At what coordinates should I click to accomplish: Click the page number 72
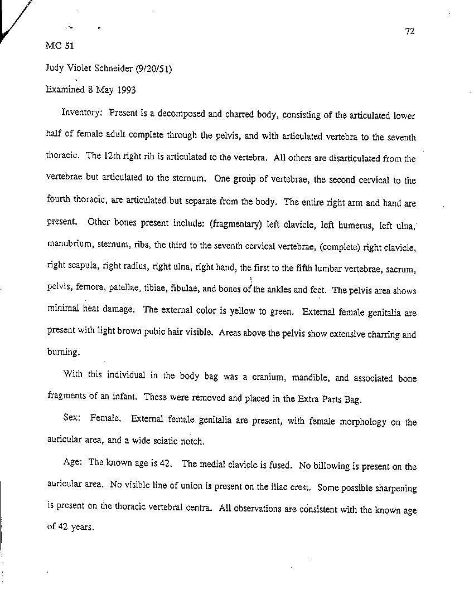410,31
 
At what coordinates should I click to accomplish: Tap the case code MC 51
56,46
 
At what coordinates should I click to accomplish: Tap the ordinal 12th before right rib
114,158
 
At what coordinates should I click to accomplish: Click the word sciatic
157,441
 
